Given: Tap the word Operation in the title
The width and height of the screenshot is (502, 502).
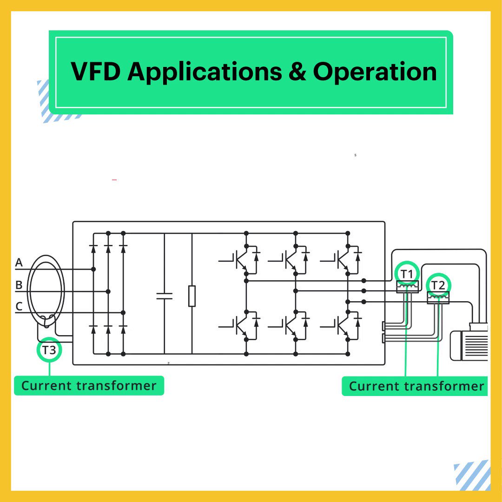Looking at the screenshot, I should tap(375, 72).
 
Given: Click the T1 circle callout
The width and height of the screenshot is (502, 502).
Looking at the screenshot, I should tap(407, 274).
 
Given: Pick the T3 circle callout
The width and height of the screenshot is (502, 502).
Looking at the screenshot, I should tap(49, 350).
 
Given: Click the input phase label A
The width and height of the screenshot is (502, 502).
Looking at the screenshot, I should tap(19, 263).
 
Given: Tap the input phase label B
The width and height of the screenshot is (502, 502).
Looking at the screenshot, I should tap(19, 285).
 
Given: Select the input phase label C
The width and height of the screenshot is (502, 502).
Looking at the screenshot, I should tap(19, 306).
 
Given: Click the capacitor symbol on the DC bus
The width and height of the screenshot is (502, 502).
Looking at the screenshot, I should tap(164, 296).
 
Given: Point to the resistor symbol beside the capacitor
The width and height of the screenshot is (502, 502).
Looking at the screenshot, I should tap(192, 296).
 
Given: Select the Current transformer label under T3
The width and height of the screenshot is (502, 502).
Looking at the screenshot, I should tap(89, 386).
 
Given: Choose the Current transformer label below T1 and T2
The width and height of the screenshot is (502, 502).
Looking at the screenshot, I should tap(416, 386).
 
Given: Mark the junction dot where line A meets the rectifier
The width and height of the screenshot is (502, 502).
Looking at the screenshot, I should tap(93, 269).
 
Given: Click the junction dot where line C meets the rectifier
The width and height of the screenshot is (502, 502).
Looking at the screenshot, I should tap(123, 312).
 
